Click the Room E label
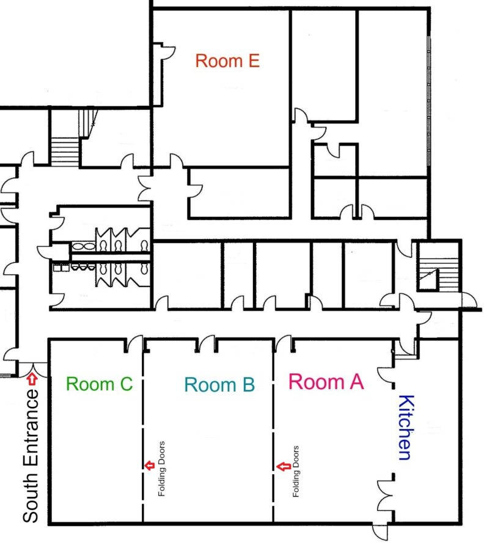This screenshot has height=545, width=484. pos(227,61)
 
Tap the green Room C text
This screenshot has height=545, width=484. pos(99,384)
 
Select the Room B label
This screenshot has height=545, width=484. pos(219,385)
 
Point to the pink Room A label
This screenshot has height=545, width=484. pos(326,382)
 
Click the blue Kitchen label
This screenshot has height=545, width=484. pos(405,427)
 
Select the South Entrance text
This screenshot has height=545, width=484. pos(31,456)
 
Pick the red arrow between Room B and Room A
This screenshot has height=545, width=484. pos(282,467)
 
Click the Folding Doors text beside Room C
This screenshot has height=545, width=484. pos(162,469)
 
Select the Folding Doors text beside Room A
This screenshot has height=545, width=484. pos(296,470)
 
